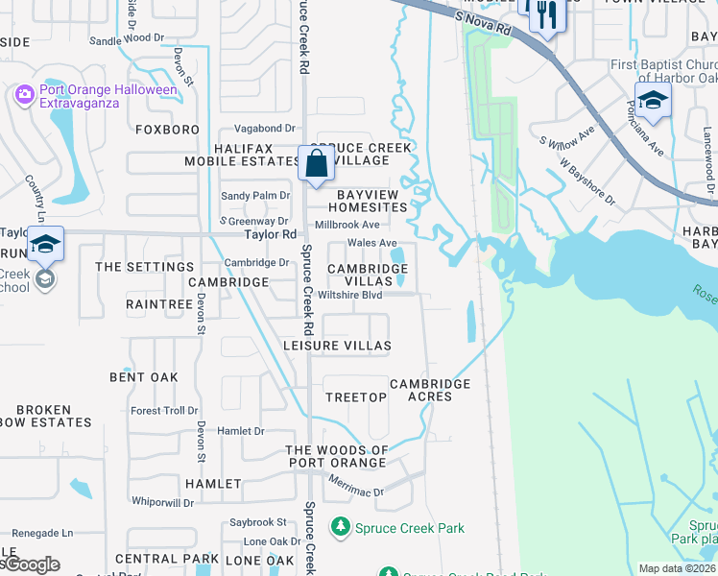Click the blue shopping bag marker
[316, 164]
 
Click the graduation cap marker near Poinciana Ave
[653, 101]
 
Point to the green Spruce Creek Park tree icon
[340, 527]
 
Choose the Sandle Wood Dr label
[127, 39]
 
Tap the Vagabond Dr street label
[262, 128]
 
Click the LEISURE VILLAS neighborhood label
[337, 345]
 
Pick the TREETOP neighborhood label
[355, 396]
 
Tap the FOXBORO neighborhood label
[168, 129]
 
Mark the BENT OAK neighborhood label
[144, 377]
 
